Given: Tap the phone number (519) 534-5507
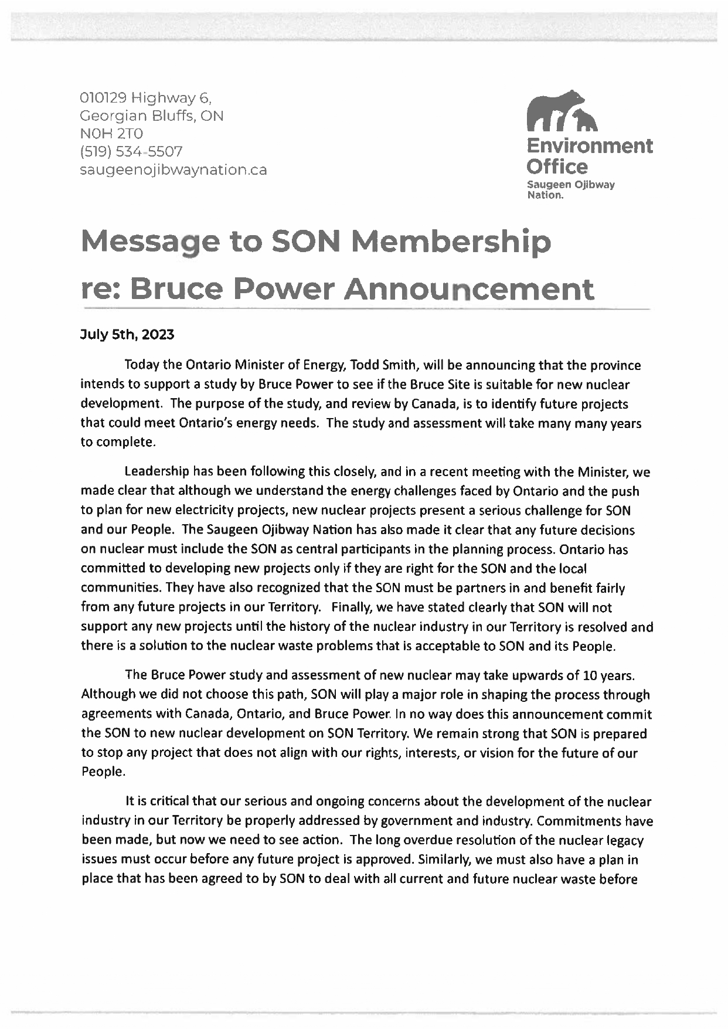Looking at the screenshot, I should click(x=131, y=152).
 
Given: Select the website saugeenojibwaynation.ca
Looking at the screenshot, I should click(x=174, y=170).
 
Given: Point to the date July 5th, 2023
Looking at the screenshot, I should click(x=127, y=335).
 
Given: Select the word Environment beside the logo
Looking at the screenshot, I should click(x=590, y=145).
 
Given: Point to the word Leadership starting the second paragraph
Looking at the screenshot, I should click(x=157, y=472).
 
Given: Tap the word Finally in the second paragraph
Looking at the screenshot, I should click(x=350, y=607).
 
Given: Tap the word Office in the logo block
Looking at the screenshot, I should click(x=557, y=167).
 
